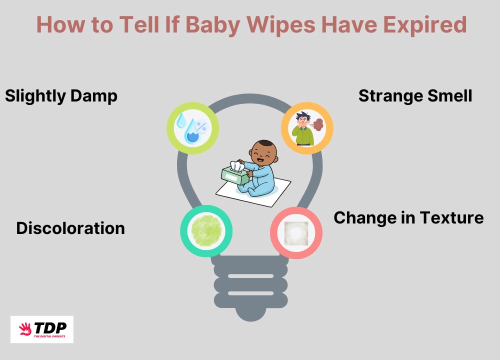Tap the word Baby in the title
click(226, 24)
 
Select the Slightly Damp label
click(61, 95)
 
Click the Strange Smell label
click(415, 95)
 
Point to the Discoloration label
click(70, 228)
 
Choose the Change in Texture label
click(408, 218)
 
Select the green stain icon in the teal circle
click(206, 230)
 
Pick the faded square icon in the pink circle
click(296, 232)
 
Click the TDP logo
click(42, 329)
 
